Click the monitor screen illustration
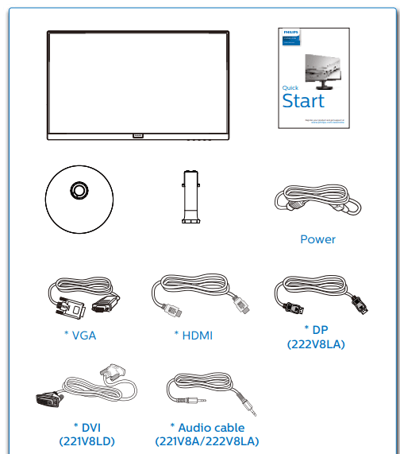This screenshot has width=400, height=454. click(x=138, y=82)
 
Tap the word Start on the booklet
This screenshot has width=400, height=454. click(x=303, y=101)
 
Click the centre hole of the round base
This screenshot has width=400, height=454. click(x=79, y=190)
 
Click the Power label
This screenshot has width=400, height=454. click(x=317, y=239)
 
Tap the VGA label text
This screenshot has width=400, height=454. click(x=79, y=335)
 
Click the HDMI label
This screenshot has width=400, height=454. click(x=193, y=335)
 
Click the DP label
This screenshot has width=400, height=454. click(x=317, y=329)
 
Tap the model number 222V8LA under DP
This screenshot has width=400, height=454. click(x=317, y=343)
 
